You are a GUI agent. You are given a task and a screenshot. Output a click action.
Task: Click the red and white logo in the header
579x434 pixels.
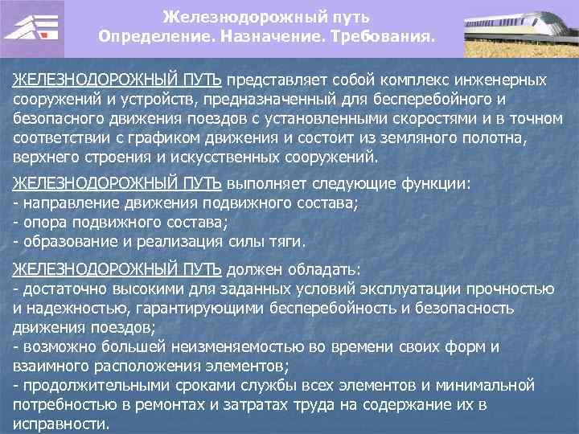click(32, 27)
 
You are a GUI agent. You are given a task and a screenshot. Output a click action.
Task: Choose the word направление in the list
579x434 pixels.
click(68, 203)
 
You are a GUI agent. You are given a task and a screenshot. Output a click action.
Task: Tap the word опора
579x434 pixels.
click(40, 221)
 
